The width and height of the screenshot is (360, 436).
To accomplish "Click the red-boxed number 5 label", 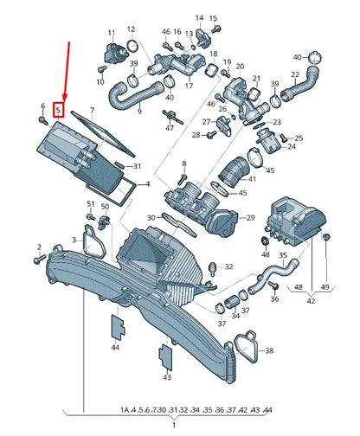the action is coord(58,110).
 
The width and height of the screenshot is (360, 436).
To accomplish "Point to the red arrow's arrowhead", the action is coord(65,98).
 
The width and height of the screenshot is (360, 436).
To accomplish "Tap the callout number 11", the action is coord(112,33).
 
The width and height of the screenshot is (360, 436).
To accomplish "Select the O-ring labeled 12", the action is coord(132,46).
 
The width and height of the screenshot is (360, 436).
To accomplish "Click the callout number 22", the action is coord(295,74).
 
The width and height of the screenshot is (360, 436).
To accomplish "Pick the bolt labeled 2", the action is coord(40,259).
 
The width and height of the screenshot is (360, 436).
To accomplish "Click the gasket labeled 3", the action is coord(93,241).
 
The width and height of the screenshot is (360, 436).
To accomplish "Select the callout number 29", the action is coord(250,218).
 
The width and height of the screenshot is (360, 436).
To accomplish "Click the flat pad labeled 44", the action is coord(118,326).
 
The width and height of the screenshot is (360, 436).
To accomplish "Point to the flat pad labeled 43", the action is coord(166,357).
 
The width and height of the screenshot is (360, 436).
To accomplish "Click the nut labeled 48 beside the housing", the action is coord(265,240).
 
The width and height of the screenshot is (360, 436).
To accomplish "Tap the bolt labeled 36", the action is coord(273,285).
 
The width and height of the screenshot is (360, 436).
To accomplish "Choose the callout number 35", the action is coord(283,255).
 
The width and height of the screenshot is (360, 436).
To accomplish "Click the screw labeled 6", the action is coord(43,120).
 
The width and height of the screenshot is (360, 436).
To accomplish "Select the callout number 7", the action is coord(92,110).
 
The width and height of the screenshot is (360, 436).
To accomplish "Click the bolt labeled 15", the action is coord(216,29).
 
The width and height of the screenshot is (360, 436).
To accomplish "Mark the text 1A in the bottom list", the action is coord(125,409).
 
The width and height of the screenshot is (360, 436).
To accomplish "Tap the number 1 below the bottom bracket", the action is coord(174,425).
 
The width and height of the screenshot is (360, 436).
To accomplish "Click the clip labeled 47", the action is coord(172,117).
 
